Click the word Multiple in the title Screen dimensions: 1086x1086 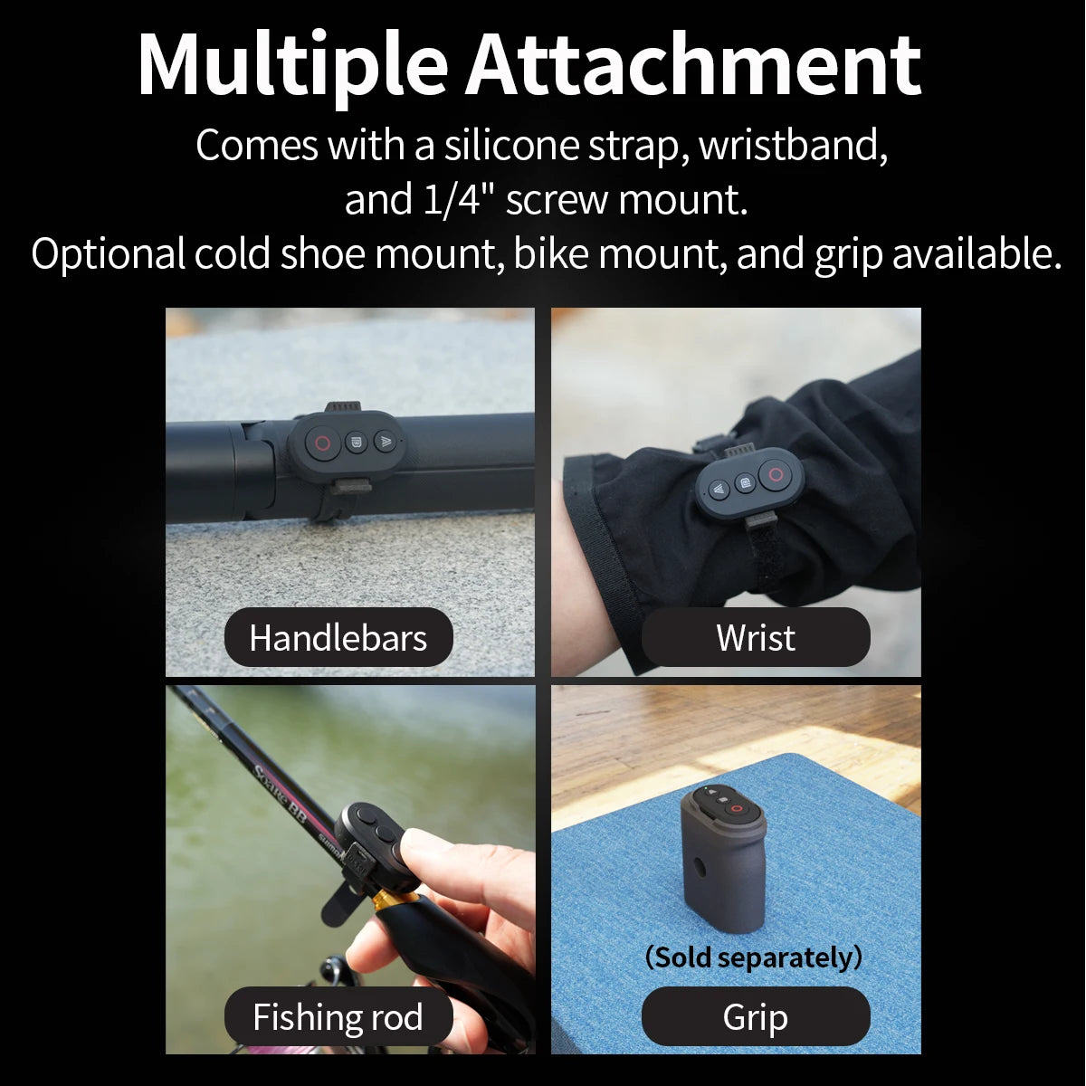click(x=292, y=66)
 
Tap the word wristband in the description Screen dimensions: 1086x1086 click(x=793, y=145)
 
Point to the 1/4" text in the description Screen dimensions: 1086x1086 click(x=456, y=200)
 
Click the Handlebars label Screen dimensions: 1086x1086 click(x=338, y=638)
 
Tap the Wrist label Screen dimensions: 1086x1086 click(x=756, y=638)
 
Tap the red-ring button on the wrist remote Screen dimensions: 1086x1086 click(x=776, y=474)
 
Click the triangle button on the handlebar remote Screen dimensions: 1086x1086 click(x=386, y=442)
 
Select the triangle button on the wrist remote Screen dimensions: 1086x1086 click(x=719, y=490)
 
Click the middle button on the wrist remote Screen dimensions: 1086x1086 click(x=745, y=483)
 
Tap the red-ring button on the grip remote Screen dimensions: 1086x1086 click(x=736, y=808)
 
